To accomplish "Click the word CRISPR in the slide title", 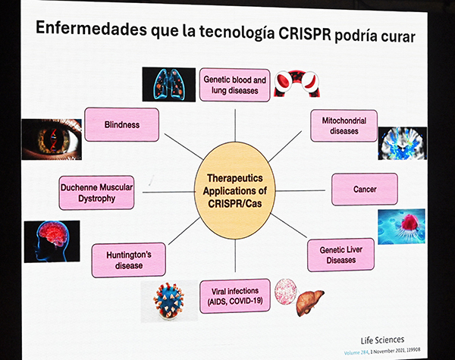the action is pos(305,34).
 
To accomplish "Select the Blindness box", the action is pos(121,125).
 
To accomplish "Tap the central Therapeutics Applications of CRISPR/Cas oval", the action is pos(235,190).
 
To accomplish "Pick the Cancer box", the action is pos(365,189).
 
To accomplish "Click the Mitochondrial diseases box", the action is pos(344,126).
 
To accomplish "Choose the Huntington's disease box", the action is pos(129,260).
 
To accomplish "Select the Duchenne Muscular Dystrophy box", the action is pos(96,193).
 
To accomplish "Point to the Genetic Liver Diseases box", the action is pos(341,255).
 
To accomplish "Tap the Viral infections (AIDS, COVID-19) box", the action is pos(235,296).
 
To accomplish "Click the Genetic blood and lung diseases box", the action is pos(235,85).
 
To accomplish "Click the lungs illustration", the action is pos(169,84).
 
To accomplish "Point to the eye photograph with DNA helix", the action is pos(52,139).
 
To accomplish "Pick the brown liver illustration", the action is pos(310,302).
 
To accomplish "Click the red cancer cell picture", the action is pos(402,227).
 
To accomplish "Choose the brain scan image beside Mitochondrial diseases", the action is pos(403,143).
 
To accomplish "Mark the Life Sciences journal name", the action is pos(382,340).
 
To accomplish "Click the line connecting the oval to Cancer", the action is pos(300,191).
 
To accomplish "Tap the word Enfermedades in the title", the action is pos(92,29).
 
